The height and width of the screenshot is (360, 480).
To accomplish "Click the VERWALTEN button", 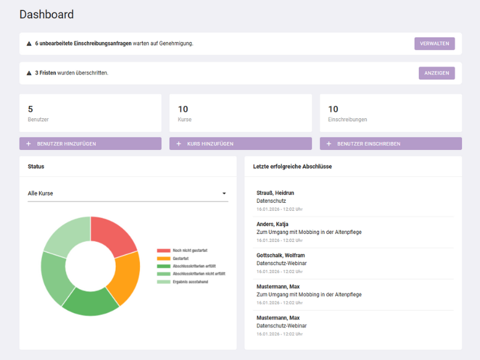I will coord(434,44).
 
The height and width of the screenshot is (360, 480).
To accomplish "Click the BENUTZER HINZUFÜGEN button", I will coord(90,144).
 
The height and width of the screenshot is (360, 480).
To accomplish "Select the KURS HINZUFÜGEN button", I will coord(240,144).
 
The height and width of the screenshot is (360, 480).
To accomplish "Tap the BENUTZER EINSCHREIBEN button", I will coord(391,144).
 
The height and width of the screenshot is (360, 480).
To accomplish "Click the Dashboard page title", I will coord(47,14).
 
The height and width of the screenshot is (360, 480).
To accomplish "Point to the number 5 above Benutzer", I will coord(31,109).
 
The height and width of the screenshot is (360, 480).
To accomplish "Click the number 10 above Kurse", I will coord(183,109).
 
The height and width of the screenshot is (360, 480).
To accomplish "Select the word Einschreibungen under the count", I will coord(347,119).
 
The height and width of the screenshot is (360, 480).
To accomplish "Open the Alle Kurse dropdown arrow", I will coord(224,194).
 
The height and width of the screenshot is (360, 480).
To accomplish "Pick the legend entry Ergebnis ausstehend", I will coord(190,281).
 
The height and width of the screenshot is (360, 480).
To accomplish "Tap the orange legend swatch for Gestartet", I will coord(164,258).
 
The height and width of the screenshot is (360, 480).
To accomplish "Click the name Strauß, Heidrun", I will coord(275,193).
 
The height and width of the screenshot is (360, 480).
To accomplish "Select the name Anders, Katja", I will coord(272,224).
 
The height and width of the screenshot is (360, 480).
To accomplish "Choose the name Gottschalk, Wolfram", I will coord(281,255).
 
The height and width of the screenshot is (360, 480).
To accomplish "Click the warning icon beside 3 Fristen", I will coord(29,73).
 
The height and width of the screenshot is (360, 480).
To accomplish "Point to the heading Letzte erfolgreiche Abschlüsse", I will coord(292,166).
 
